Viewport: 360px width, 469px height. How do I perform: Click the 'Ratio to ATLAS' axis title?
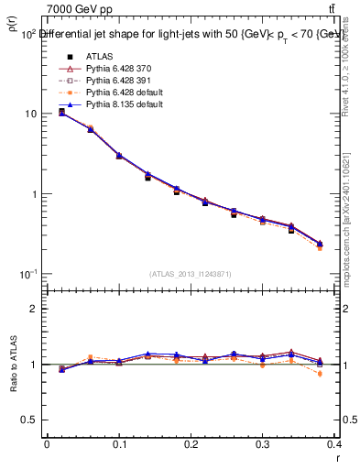13,365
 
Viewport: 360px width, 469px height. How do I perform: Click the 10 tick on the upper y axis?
30,114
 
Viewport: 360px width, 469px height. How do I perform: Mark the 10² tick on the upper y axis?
28,33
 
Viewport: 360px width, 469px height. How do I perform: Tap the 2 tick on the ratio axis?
33,309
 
